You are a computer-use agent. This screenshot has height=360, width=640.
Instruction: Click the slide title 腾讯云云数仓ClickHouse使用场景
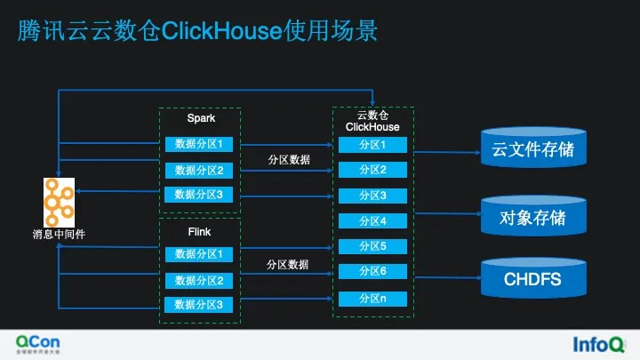pyautogui.click(x=198, y=32)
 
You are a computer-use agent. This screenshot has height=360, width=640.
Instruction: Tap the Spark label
pyautogui.click(x=201, y=118)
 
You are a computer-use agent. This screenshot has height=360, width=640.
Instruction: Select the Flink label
pyautogui.click(x=200, y=232)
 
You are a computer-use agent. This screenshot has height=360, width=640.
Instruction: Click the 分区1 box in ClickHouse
pyautogui.click(x=372, y=145)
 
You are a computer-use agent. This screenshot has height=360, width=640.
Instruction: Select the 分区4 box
pyautogui.click(x=372, y=220)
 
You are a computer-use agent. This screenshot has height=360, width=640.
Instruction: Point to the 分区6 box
pyautogui.click(x=372, y=271)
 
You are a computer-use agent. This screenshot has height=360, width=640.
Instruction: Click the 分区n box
pyautogui.click(x=372, y=299)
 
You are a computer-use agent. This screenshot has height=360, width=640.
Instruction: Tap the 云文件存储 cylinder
pyautogui.click(x=532, y=148)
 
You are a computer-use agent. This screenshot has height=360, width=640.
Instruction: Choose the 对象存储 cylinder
pyautogui.click(x=532, y=216)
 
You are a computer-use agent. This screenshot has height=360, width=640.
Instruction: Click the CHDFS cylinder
pyautogui.click(x=532, y=278)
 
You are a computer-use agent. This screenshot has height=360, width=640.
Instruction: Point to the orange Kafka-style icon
pyautogui.click(x=59, y=202)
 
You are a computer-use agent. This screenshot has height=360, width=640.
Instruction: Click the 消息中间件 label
pyautogui.click(x=59, y=235)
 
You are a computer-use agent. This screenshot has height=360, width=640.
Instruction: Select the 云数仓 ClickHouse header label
pyautogui.click(x=372, y=121)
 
